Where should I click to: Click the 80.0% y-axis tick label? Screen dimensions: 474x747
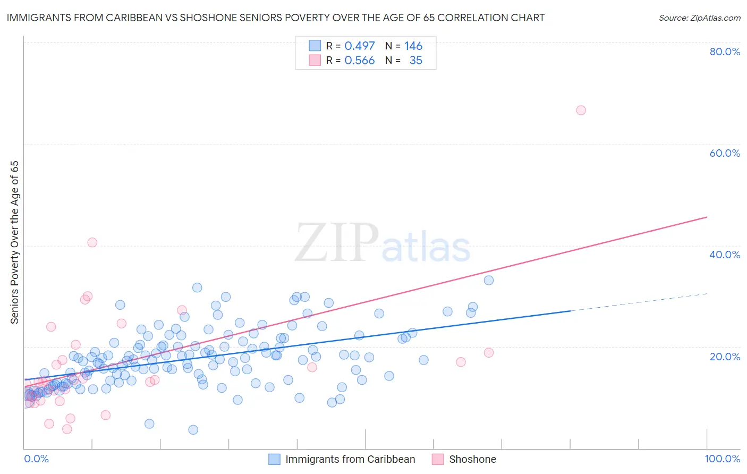(725, 52)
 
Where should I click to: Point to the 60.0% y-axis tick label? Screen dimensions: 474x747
(725, 153)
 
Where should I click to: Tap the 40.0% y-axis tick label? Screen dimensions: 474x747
(725, 255)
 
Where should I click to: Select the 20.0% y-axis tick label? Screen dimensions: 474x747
(725, 357)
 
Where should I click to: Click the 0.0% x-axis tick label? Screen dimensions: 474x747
(36, 459)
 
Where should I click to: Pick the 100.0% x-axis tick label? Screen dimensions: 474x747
(722, 459)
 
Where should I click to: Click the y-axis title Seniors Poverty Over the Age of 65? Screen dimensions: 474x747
(15, 242)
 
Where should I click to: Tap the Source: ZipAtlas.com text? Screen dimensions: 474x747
(699, 18)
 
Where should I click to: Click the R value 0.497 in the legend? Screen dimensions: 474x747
(360, 46)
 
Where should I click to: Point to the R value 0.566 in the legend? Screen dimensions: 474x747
(360, 61)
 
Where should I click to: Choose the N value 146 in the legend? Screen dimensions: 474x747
(413, 46)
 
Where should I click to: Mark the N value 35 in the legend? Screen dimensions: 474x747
(415, 61)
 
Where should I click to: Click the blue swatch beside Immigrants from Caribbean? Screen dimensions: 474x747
(274, 459)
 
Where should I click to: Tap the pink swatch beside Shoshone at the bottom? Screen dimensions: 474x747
(438, 459)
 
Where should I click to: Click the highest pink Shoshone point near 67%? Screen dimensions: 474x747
(581, 111)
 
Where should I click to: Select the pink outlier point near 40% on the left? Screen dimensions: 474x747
(92, 242)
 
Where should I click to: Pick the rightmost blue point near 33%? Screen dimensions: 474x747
(489, 280)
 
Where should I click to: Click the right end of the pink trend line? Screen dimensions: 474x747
(707, 217)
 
